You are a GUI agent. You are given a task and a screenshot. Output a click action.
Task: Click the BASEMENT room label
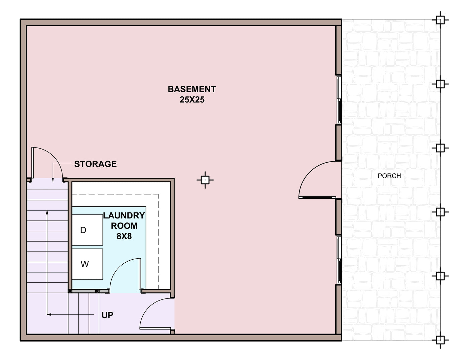point(192,89)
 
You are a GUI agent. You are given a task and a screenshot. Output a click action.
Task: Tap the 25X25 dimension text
point(192,100)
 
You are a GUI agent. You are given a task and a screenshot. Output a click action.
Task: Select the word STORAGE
point(95,164)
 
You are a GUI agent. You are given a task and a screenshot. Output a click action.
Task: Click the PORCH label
point(389,176)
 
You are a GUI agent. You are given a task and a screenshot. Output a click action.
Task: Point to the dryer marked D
point(87,230)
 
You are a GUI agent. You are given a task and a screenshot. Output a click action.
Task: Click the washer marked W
point(87,264)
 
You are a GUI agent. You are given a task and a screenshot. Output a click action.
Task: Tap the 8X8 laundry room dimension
point(124,236)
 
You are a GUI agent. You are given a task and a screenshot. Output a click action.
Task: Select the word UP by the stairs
point(107,316)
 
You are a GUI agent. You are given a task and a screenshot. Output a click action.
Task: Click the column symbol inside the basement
point(205,180)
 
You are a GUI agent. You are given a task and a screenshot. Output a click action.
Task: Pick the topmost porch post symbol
point(440,20)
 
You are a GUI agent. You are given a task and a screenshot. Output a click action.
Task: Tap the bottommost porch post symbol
point(440,340)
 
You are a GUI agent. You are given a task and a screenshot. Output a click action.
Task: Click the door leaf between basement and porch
point(317,197)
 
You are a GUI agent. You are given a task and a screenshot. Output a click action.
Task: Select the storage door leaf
point(32,163)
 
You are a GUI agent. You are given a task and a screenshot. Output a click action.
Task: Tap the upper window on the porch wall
point(339,100)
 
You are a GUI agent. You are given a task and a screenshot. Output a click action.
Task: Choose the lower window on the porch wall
point(339,260)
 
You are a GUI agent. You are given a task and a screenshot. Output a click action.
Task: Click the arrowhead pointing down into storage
point(53,180)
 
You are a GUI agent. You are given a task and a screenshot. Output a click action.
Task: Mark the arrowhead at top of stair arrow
point(47,212)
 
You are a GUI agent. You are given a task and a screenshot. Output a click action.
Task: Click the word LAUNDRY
point(124,215)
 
